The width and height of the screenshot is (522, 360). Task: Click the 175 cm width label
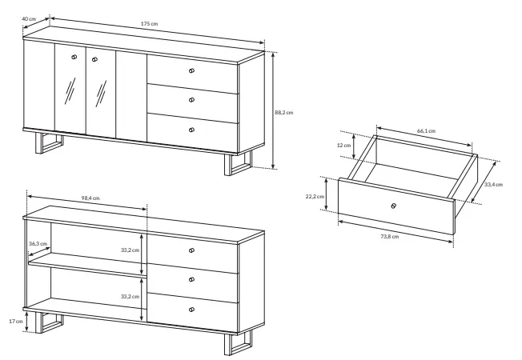[x=149, y=24]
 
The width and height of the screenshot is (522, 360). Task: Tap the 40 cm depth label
[x=29, y=18]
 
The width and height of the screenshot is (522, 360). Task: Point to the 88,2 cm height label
[x=284, y=113]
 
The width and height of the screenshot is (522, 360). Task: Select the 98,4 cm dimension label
[x=90, y=198]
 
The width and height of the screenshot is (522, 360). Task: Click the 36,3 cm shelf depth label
[x=38, y=243]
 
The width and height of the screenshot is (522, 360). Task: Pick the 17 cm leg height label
[x=16, y=321]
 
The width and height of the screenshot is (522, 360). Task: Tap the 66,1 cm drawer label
[x=427, y=130]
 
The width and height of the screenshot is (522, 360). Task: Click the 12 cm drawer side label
[x=344, y=145]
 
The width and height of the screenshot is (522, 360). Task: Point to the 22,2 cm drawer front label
[x=315, y=196]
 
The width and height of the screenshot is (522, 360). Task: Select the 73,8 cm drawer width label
[x=390, y=237]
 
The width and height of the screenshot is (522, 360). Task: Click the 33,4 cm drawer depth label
[x=493, y=184]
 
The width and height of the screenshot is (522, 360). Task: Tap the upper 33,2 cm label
[x=130, y=250]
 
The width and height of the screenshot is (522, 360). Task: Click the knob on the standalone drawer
[x=393, y=206]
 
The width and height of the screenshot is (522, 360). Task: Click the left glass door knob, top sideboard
[x=74, y=57]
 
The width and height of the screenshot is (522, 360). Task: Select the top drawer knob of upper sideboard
[x=191, y=70]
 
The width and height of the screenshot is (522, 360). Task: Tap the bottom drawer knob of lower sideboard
[x=191, y=310]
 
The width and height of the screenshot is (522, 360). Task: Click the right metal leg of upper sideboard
[x=238, y=163]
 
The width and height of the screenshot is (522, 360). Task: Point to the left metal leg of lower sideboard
[x=50, y=322]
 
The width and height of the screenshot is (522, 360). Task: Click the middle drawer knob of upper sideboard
[x=191, y=100]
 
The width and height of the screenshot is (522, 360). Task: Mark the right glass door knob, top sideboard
[x=95, y=59]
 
